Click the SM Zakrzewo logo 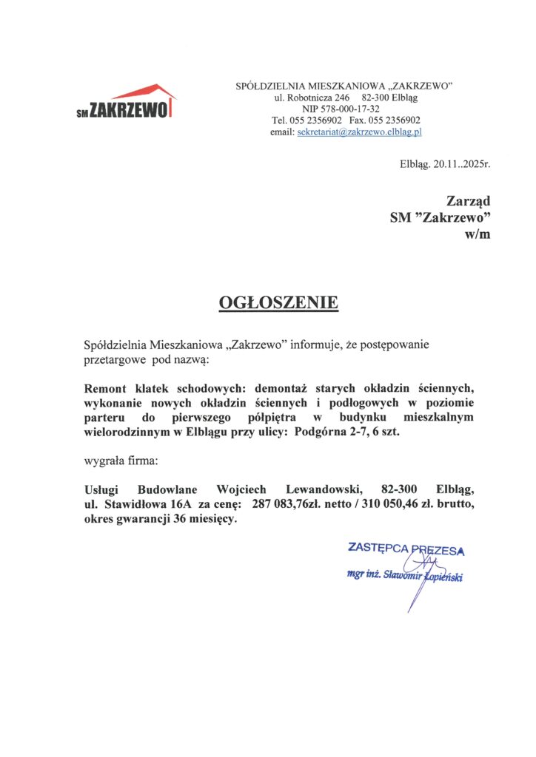(x=126, y=103)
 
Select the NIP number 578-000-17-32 (x=344, y=109)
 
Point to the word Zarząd (x=469, y=200)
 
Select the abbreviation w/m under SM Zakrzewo (x=478, y=234)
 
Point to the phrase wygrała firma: (x=121, y=461)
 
